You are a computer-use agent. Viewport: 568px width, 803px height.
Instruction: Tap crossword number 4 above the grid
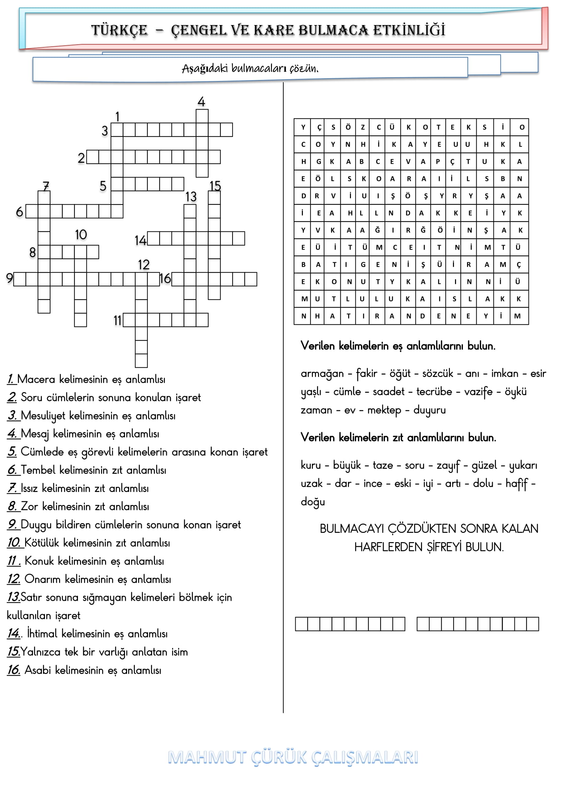point(201,102)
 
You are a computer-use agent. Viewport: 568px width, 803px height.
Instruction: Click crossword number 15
point(215,186)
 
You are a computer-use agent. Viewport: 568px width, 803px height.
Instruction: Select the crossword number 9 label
point(9,278)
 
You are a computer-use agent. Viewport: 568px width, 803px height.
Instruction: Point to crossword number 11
point(117,320)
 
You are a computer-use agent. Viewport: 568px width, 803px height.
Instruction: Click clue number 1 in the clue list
point(11,379)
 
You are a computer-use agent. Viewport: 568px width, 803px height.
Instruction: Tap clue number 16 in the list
point(14,670)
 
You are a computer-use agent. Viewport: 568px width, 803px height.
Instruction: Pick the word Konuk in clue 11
point(39,561)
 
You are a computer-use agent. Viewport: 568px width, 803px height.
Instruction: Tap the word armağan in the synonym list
point(322,374)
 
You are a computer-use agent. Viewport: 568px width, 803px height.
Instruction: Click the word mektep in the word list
point(384,410)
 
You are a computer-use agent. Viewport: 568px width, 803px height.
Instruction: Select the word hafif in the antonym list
point(516,484)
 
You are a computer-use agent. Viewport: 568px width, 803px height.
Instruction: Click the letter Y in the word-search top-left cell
point(303,127)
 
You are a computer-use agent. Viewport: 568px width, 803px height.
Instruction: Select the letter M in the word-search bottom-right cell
point(517,316)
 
